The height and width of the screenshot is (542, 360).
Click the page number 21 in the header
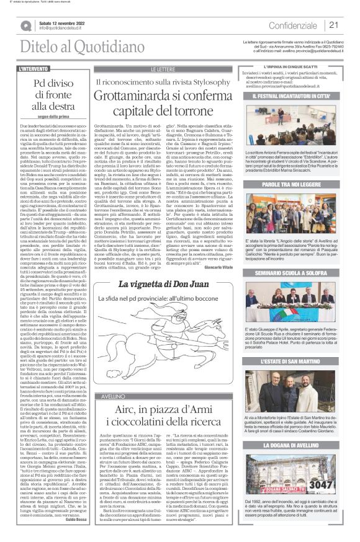point(334,25)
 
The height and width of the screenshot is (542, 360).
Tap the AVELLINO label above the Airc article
point(104,380)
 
